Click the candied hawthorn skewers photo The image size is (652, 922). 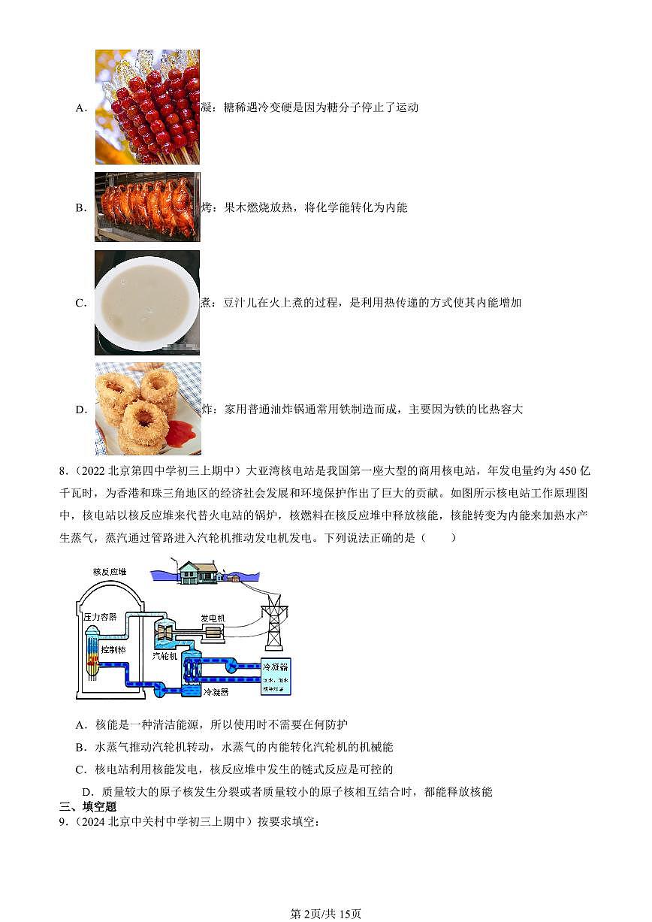coord(147,107)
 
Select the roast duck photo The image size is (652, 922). coord(147,207)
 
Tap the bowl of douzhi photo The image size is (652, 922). coord(147,302)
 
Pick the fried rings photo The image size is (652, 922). coord(148,409)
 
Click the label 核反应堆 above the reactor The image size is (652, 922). coord(110,572)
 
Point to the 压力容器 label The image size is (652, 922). coord(100,616)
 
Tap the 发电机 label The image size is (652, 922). coord(212,618)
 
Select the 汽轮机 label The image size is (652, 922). coord(165,655)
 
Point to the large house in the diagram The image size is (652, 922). coord(198,573)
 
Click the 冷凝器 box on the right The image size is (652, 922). coord(275,676)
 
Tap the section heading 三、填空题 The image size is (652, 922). coord(88,806)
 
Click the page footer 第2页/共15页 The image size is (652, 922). coord(325,913)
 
